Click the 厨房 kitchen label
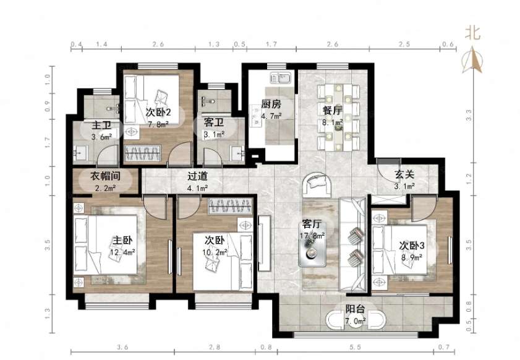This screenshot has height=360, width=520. (x=271, y=104)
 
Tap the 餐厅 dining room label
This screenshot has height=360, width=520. (x=332, y=110)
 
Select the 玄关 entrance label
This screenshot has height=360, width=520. (x=404, y=175)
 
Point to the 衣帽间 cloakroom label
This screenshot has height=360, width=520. (x=105, y=176)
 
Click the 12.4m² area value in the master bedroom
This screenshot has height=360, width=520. (x=122, y=252)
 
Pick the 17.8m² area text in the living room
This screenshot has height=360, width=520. (x=313, y=236)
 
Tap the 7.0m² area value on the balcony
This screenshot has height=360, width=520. (x=355, y=321)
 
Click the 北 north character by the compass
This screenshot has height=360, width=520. (x=472, y=33)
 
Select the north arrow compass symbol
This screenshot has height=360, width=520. (x=472, y=61)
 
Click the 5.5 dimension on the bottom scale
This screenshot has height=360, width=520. (x=355, y=347)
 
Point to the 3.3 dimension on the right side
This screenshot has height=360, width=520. (x=468, y=114)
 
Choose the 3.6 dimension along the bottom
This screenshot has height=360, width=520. (x=122, y=347)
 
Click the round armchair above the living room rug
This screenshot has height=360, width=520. (x=317, y=184)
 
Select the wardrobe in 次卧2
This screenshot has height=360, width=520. (x=143, y=153)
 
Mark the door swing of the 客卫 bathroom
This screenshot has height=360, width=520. (x=212, y=156)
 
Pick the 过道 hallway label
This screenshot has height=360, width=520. (x=198, y=176)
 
